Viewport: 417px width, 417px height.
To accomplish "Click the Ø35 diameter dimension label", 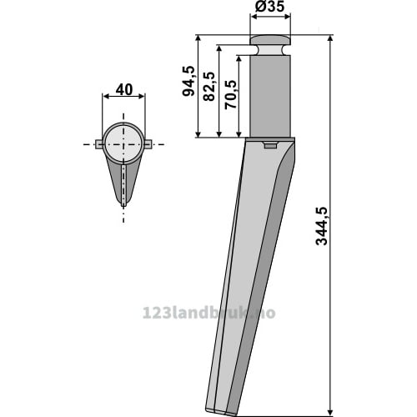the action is click(269, 7).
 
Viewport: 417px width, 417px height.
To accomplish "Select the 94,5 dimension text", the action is click(188, 81).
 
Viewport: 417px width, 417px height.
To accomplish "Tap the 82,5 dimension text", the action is click(209, 86).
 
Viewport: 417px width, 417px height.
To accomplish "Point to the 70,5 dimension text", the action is click(230, 94).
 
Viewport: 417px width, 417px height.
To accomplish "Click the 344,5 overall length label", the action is click(322, 226).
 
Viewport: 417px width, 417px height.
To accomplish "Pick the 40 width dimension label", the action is click(124, 90).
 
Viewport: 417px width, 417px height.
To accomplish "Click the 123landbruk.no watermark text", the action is click(208, 313).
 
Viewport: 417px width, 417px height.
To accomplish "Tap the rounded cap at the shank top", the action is click(270, 40).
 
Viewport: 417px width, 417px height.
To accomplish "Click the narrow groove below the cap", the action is click(270, 50).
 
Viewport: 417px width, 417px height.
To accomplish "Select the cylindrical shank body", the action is click(270, 96).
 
